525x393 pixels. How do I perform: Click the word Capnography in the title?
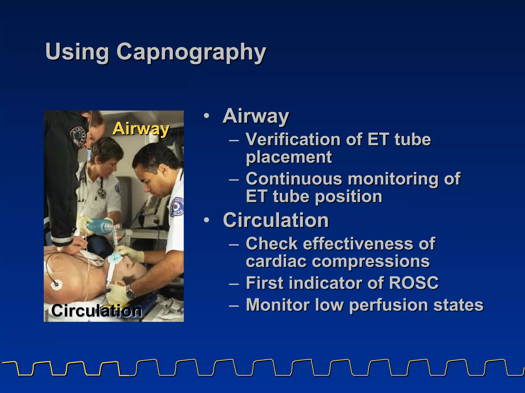pos(191,52)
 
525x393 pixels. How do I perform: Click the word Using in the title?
pos(77,52)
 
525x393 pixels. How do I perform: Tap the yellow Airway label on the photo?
pos(141,128)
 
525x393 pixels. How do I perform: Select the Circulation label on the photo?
pos(96,311)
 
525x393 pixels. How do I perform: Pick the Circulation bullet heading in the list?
pos(276,220)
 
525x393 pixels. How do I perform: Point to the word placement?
pos(289,157)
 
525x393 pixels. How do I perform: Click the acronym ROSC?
pos(413,283)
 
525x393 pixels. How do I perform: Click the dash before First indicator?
pos(234,283)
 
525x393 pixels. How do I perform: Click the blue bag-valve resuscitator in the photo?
pos(99,225)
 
